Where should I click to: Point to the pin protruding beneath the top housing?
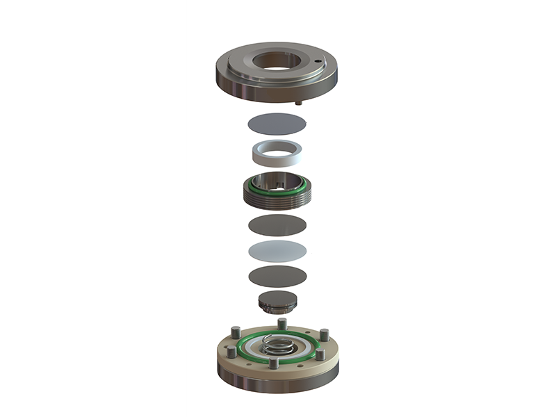click(299, 102)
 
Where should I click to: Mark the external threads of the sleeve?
click(277, 199)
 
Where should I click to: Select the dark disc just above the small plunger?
click(277, 275)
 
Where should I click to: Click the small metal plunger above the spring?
click(277, 302)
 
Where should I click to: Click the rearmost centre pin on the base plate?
click(281, 325)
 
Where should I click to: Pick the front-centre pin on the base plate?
click(274, 363)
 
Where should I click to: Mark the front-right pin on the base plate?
click(320, 355)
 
